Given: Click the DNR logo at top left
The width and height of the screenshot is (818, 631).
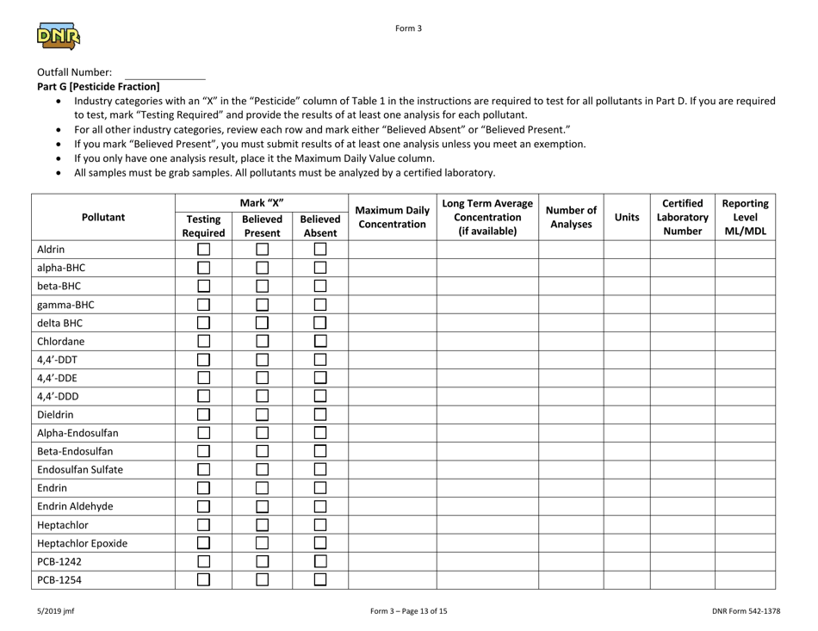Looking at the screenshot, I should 59,37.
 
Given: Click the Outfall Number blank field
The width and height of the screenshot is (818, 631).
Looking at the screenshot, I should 164,72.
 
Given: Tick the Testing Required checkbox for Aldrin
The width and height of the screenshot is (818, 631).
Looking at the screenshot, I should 203,249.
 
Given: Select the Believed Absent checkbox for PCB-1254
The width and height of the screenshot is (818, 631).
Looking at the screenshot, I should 319,580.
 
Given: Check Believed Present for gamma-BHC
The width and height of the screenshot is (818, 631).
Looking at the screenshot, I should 261,306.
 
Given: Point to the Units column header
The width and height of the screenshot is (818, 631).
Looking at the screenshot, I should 626,218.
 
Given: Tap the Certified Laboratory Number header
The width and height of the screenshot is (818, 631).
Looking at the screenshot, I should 682,218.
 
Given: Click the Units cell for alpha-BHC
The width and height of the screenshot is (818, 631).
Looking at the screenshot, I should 626,267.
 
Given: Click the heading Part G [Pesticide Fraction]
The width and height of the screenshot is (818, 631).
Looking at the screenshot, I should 99,87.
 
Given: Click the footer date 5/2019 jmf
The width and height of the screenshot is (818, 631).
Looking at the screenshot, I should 53,611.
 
